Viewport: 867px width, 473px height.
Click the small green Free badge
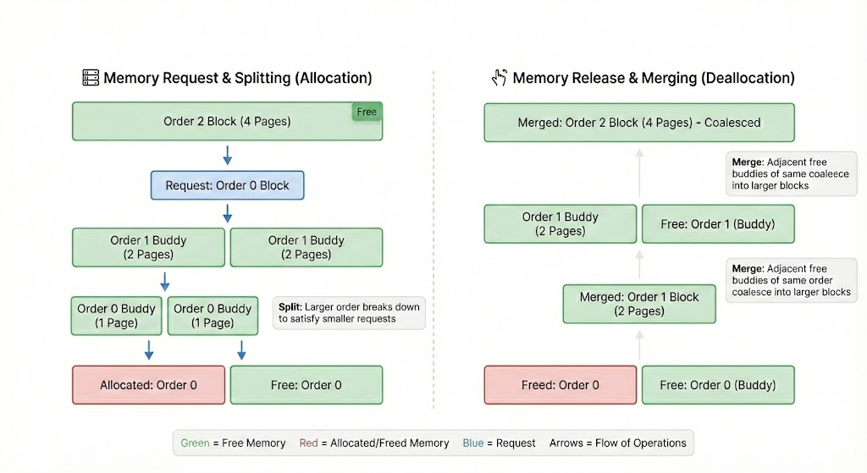click(x=367, y=112)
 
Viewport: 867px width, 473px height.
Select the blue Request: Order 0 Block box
click(x=227, y=185)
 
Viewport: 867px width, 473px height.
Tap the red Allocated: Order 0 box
click(x=148, y=385)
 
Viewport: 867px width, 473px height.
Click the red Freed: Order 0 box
click(x=560, y=385)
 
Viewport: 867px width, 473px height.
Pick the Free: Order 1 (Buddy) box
click(x=718, y=224)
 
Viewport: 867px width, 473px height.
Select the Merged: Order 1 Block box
click(x=639, y=304)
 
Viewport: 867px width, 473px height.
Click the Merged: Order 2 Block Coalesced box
click(x=639, y=123)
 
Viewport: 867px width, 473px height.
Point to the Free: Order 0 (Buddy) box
click(x=718, y=385)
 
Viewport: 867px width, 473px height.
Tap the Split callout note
click(x=349, y=313)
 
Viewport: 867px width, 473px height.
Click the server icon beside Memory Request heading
click(x=90, y=78)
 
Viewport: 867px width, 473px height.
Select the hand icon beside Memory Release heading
click(x=500, y=78)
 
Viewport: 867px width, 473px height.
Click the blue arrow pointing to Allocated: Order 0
click(x=149, y=349)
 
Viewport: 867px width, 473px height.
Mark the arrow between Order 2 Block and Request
click(x=227, y=156)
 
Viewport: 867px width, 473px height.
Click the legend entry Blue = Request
click(x=499, y=443)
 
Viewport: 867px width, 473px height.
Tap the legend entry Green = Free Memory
click(x=233, y=443)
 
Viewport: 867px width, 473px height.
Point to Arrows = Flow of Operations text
click(x=617, y=443)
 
